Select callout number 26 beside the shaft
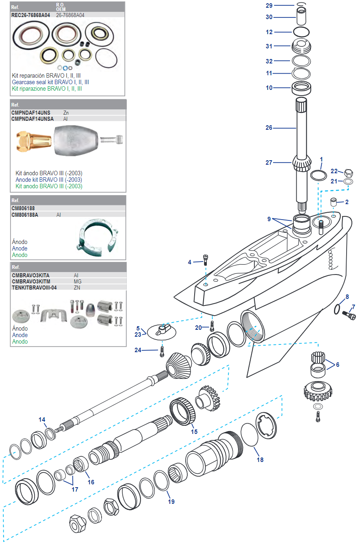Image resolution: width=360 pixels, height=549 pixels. click(269, 128)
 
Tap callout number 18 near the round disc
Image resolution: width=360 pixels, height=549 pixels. click(260, 460)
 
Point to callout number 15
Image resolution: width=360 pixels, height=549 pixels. click(194, 431)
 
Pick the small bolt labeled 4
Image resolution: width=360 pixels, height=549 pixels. click(206, 259)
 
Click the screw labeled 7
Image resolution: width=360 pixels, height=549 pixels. click(349, 315)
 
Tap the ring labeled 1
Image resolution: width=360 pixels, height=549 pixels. click(318, 175)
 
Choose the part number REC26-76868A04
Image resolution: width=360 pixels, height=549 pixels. click(31, 15)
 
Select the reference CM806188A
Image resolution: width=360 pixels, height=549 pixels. click(25, 215)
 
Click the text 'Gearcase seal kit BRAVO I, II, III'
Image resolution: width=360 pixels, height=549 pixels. click(50, 82)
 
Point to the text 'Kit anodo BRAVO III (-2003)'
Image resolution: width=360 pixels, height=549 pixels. click(49, 186)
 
